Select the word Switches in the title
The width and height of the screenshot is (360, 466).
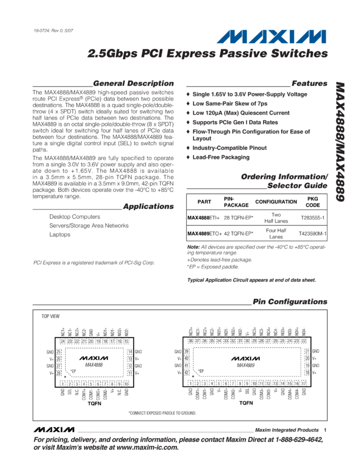(301, 54)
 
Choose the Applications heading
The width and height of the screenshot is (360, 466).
(148, 207)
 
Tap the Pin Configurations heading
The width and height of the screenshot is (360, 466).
(290, 302)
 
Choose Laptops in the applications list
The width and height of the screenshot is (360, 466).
(60, 234)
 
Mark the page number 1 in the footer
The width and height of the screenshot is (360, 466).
(325, 430)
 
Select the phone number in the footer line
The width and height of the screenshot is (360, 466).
(301, 440)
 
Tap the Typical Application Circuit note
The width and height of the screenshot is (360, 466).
(252, 280)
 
